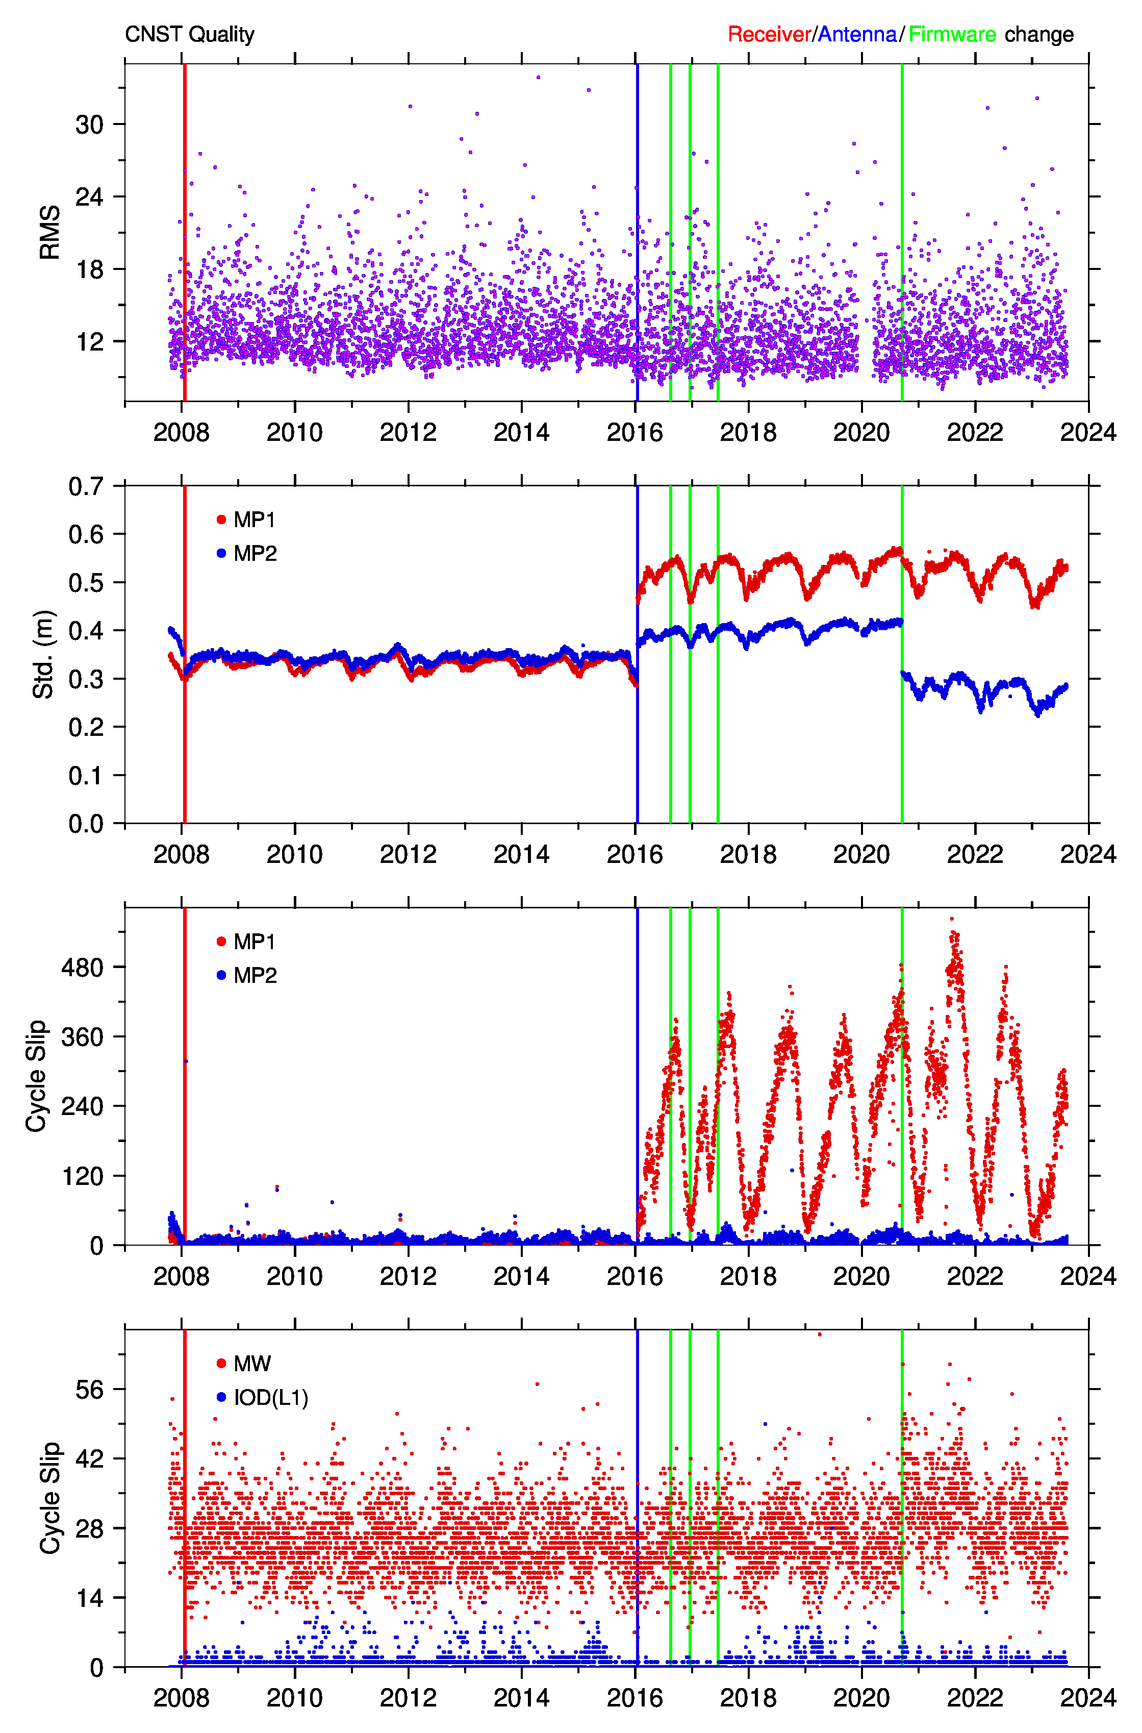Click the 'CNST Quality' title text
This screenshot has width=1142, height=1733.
(x=189, y=34)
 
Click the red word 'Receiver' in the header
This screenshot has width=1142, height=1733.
(x=769, y=34)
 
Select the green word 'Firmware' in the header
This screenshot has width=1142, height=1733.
(x=952, y=34)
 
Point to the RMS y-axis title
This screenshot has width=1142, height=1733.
(x=49, y=232)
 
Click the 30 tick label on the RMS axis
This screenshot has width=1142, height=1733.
(x=90, y=125)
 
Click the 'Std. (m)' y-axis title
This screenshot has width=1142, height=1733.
(x=44, y=654)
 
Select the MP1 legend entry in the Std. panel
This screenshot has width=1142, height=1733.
(x=246, y=519)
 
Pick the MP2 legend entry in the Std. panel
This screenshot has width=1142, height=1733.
(x=246, y=554)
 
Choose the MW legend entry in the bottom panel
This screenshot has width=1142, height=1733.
(x=244, y=1364)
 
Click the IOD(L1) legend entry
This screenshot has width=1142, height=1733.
(x=262, y=1398)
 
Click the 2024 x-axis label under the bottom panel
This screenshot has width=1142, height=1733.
(x=1088, y=1698)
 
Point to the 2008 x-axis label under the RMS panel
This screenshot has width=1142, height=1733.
(x=182, y=433)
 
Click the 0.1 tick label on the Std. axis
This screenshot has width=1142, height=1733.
(x=86, y=776)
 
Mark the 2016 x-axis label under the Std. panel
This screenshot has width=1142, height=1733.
(x=635, y=854)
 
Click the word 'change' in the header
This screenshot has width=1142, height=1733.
(x=1039, y=34)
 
